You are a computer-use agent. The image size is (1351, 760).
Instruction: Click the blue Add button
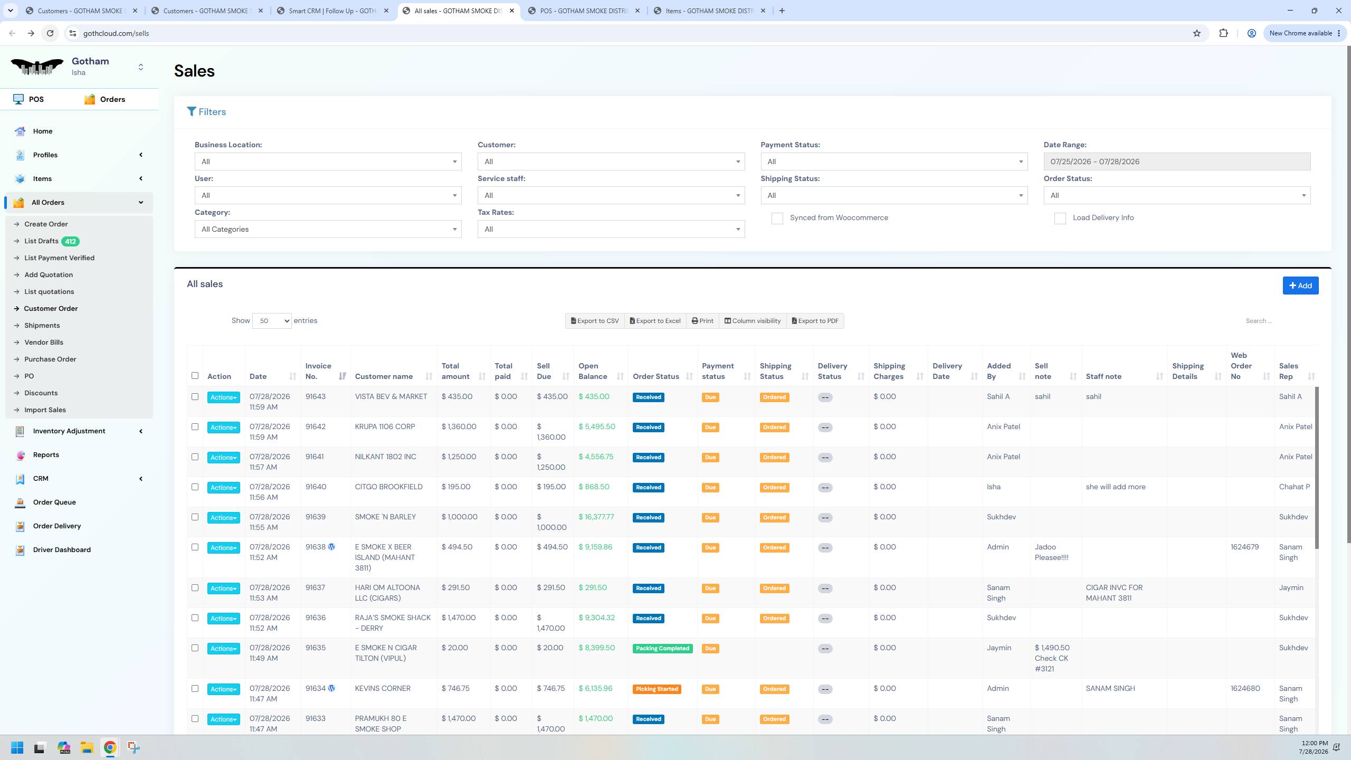pyautogui.click(x=1300, y=286)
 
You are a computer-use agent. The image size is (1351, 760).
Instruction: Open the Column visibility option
pyautogui.click(x=753, y=321)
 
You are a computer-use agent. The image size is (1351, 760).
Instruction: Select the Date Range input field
pyautogui.click(x=1177, y=161)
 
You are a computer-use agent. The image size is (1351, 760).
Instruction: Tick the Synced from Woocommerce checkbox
pyautogui.click(x=777, y=218)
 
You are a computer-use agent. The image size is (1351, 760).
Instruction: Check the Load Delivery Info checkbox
pyautogui.click(x=1060, y=218)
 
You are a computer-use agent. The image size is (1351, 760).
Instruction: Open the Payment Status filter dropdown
pyautogui.click(x=894, y=161)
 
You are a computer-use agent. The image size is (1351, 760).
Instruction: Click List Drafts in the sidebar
pyautogui.click(x=41, y=241)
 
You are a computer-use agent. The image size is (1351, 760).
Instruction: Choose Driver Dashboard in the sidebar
pyautogui.click(x=62, y=549)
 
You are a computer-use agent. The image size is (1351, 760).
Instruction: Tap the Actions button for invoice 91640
pyautogui.click(x=223, y=488)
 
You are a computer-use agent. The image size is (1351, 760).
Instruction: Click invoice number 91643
pyautogui.click(x=316, y=396)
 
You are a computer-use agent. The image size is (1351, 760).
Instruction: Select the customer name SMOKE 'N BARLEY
pyautogui.click(x=385, y=517)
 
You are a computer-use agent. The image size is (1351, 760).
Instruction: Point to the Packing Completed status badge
pyautogui.click(x=662, y=648)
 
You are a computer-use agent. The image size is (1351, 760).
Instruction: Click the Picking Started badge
pyautogui.click(x=657, y=689)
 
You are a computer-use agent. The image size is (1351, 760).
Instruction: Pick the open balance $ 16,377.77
pyautogui.click(x=596, y=517)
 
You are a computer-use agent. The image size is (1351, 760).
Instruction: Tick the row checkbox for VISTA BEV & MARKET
pyautogui.click(x=195, y=397)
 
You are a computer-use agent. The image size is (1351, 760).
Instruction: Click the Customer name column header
pyautogui.click(x=384, y=376)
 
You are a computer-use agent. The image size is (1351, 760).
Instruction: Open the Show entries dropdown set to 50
pyautogui.click(x=272, y=321)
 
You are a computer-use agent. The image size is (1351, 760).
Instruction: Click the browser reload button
pyautogui.click(x=50, y=33)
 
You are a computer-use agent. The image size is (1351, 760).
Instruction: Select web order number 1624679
pyautogui.click(x=1244, y=547)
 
